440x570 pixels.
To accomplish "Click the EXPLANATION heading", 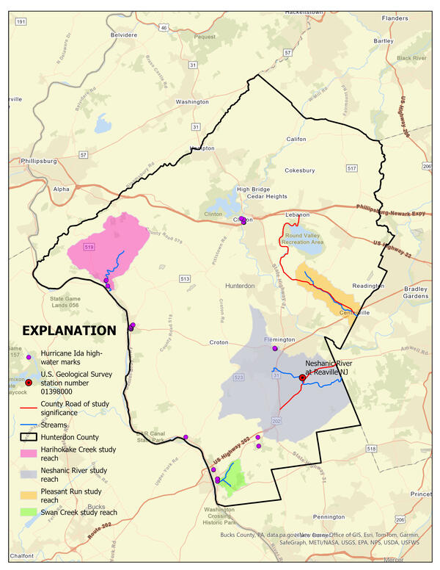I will (69, 331).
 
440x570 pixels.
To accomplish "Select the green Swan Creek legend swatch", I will (29, 513).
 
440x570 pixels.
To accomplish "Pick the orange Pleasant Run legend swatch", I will (29, 491).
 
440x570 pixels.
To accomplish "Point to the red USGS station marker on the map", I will (302, 378).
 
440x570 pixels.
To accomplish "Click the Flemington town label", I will (279, 340).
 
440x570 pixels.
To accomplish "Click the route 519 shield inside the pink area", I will (89, 248).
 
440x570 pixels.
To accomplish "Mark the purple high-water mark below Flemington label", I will (275, 349).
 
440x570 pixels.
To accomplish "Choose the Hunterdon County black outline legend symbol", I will (29, 436).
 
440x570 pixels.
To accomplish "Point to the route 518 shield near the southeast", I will (372, 448).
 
